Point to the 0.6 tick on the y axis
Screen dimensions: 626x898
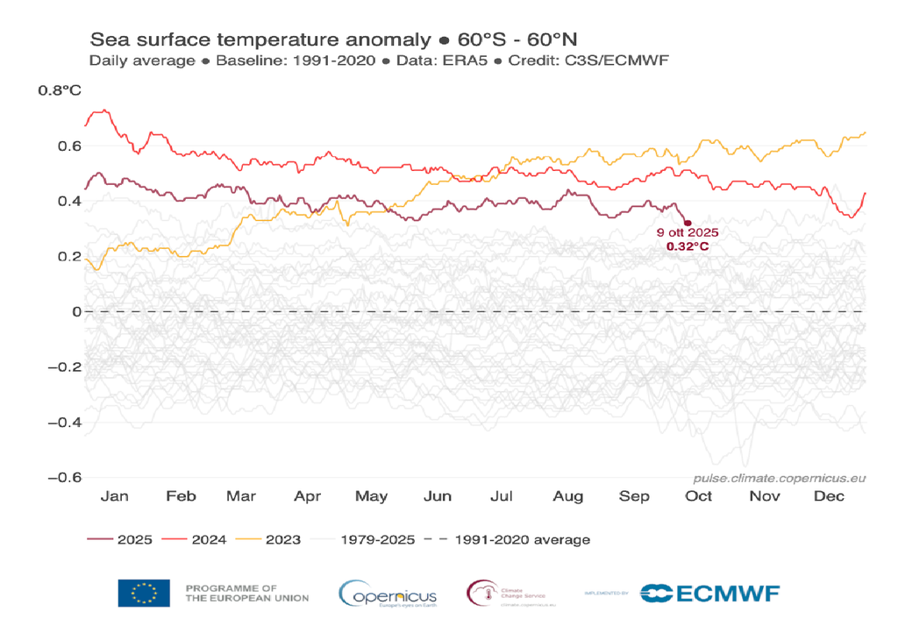[x=70, y=146]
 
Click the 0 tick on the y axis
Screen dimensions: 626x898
[x=76, y=311]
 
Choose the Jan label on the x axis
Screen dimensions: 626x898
[x=115, y=496]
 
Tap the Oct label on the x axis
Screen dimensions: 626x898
[x=699, y=496]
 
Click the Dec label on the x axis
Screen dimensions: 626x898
[x=829, y=496]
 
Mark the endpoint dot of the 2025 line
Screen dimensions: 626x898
[x=688, y=224]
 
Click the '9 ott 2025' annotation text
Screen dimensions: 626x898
[x=688, y=233]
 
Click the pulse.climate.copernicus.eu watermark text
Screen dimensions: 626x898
[x=779, y=479]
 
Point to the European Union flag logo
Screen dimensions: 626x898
[x=144, y=594]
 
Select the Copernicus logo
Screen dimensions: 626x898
[x=388, y=594]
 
